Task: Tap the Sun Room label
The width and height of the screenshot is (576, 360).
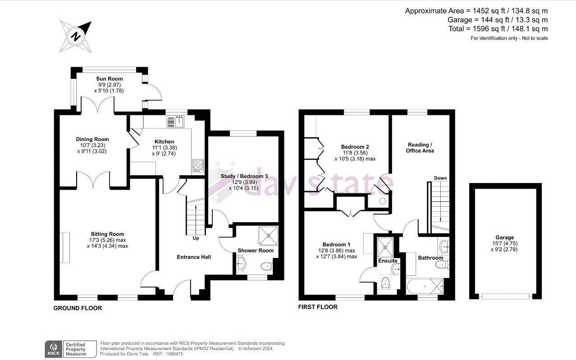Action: pos(109,79)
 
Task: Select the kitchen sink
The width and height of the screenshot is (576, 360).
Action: pos(176,121)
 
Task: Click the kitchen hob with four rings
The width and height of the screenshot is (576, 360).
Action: pos(198,165)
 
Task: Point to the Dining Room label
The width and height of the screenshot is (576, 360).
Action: pos(92,139)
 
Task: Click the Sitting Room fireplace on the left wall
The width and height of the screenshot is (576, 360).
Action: pos(66,247)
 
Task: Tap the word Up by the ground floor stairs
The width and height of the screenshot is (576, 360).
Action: pos(196,238)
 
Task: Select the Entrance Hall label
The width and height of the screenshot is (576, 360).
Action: pos(193,257)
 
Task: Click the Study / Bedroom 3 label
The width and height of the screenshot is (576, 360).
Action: pos(244,176)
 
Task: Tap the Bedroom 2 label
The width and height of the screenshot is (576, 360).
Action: pos(355,147)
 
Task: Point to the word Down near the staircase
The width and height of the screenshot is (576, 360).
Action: pos(440,178)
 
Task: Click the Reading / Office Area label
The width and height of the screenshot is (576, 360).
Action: pos(421,147)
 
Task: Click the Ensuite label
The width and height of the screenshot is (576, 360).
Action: pos(388,261)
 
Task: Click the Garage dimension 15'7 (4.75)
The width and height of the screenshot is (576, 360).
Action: pos(504,243)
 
